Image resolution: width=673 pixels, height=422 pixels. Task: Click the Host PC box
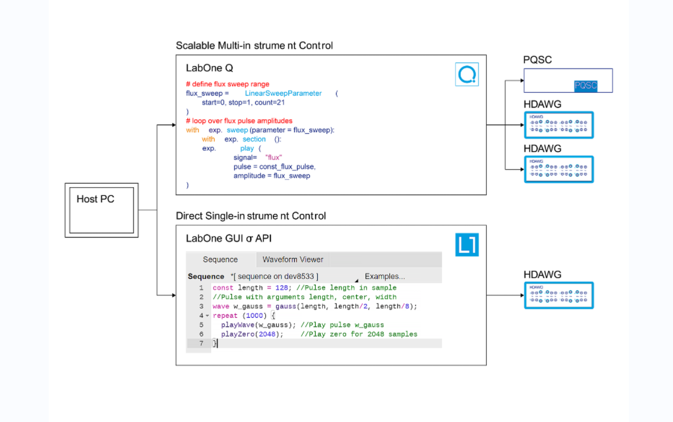pos(102,210)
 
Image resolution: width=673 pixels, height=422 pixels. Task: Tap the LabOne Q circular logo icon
pos(466,74)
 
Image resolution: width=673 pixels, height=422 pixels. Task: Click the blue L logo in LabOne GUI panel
pos(467,244)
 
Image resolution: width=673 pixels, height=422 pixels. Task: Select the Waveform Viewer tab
pos(292,260)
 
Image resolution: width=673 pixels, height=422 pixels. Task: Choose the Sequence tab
pos(220,260)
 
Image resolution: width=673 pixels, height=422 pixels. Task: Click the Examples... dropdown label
pos(385,277)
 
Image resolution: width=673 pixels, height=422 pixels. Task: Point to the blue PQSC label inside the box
pos(585,86)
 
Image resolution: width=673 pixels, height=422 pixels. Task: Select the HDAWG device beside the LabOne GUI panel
pos(559,295)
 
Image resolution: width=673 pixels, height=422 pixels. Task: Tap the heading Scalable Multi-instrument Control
pos(254,45)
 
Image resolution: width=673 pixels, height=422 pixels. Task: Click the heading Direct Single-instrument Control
pos(251,216)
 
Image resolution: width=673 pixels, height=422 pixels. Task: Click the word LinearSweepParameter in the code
pos(283,93)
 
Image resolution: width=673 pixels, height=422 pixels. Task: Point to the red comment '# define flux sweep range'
pos(227,84)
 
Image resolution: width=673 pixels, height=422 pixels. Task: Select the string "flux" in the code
pos(273,157)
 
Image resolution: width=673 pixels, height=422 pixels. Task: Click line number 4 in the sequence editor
pos(201,316)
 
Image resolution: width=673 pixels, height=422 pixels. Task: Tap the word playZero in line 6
pos(238,334)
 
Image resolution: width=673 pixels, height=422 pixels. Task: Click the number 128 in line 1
pos(281,288)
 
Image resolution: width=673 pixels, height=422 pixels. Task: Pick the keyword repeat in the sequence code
pos(225,316)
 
